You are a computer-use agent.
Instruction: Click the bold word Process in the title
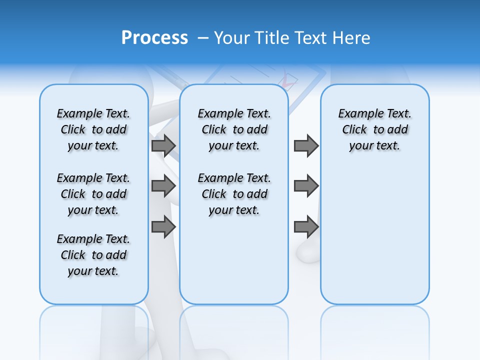click(x=154, y=38)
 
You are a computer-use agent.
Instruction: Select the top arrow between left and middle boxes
click(x=163, y=145)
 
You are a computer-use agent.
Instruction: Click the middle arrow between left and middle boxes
click(x=163, y=186)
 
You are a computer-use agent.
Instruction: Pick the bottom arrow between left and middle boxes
click(x=163, y=227)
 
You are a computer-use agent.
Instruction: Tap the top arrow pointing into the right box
click(x=306, y=145)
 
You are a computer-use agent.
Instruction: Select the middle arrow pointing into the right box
click(x=306, y=186)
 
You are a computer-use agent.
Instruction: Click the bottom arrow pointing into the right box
click(x=306, y=227)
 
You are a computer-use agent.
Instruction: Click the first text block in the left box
click(x=93, y=129)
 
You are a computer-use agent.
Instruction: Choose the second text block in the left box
click(x=93, y=194)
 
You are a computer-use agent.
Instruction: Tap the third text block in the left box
click(x=93, y=255)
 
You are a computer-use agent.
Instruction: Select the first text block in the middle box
click(x=234, y=129)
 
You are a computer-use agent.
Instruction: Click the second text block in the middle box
click(x=234, y=194)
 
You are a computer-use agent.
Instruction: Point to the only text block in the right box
click(x=374, y=129)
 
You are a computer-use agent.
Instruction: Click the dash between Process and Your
click(x=203, y=38)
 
